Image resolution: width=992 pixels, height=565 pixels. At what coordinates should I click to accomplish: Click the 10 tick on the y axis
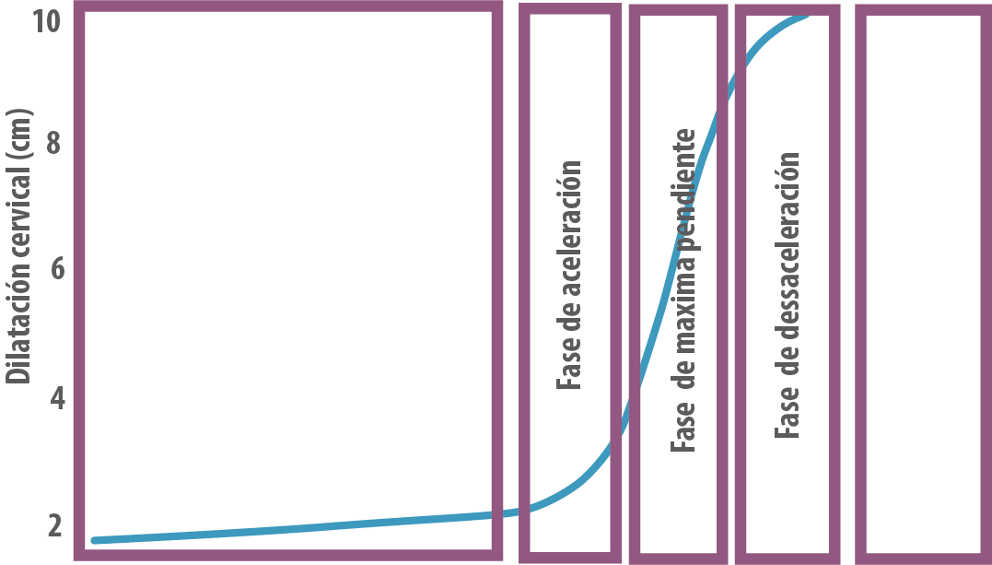47,21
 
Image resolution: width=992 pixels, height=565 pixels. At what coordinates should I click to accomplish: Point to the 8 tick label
53,143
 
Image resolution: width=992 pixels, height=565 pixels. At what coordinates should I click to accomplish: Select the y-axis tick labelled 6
58,270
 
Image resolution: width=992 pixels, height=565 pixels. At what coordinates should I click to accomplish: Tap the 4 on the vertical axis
58,398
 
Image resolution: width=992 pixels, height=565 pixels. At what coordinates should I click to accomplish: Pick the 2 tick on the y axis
55,525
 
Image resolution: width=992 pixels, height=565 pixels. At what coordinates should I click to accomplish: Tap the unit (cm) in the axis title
18,135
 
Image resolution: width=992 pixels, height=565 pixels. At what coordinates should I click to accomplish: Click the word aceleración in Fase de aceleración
569,229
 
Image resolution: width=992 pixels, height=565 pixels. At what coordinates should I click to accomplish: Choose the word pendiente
683,189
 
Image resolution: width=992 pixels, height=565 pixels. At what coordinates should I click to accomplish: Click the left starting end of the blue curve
94,540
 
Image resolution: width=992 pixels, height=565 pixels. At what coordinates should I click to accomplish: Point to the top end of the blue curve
806,15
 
